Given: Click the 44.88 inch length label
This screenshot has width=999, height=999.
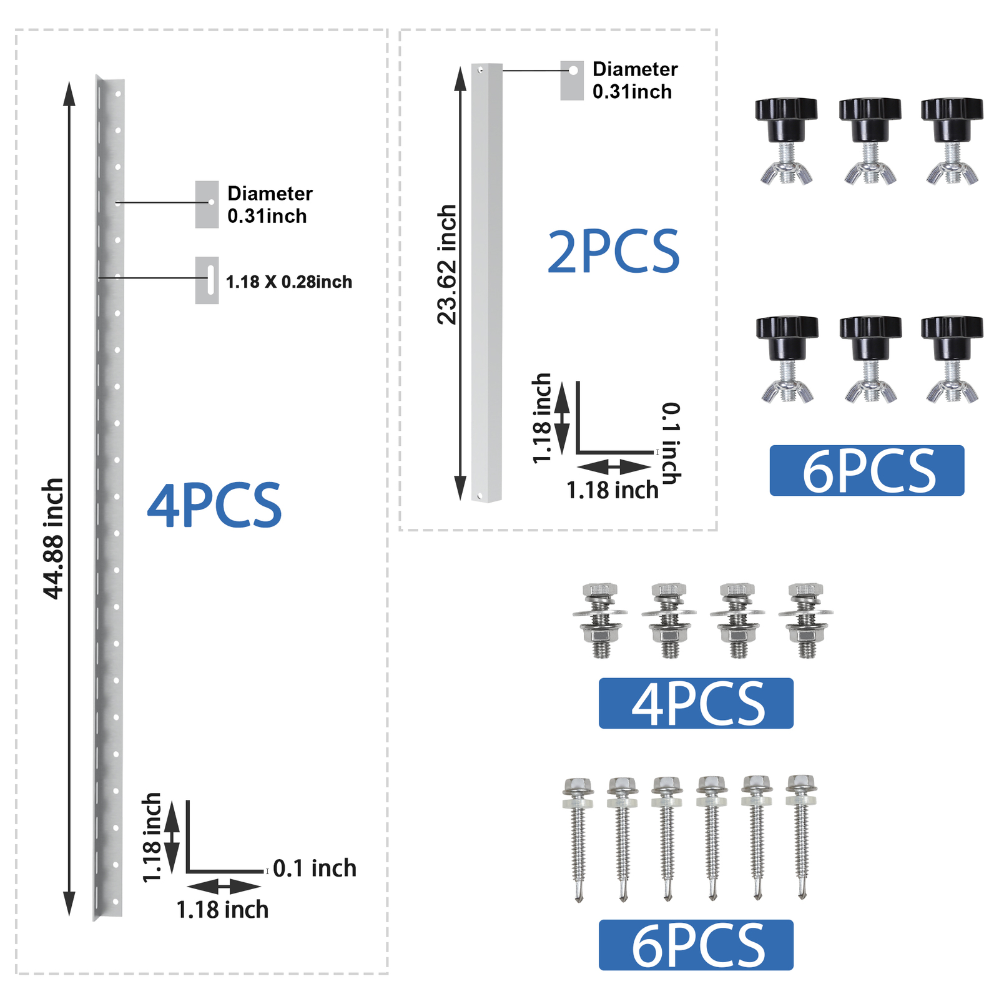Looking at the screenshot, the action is tap(54, 539).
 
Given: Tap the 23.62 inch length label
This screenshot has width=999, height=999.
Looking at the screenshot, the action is tap(447, 265).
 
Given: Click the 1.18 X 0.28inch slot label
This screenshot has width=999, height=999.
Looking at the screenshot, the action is tap(288, 282).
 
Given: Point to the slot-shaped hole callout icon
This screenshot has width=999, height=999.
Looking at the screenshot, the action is tap(207, 280).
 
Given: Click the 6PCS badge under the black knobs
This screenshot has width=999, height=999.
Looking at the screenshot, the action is tap(867, 471).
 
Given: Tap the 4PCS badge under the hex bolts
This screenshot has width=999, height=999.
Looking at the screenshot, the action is tap(696, 703).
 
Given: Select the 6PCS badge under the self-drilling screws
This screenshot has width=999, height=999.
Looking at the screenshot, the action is tap(696, 945).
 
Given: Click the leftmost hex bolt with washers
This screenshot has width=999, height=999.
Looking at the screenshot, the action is tap(600, 621).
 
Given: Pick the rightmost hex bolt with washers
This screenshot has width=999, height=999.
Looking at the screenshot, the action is tap(806, 621).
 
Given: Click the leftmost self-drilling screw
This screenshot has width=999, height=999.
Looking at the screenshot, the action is tap(578, 839).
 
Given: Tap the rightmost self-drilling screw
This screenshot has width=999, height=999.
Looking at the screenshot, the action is tap(802, 837).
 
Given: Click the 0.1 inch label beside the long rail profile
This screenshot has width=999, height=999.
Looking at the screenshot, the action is tap(315, 868).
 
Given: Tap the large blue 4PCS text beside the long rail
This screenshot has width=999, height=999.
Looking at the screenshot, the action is tap(214, 505).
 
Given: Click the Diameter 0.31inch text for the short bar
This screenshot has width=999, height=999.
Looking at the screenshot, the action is tap(635, 81).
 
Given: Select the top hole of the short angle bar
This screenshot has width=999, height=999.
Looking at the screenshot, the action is tap(480, 70).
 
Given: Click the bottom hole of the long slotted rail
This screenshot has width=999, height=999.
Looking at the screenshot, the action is tap(115, 902).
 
